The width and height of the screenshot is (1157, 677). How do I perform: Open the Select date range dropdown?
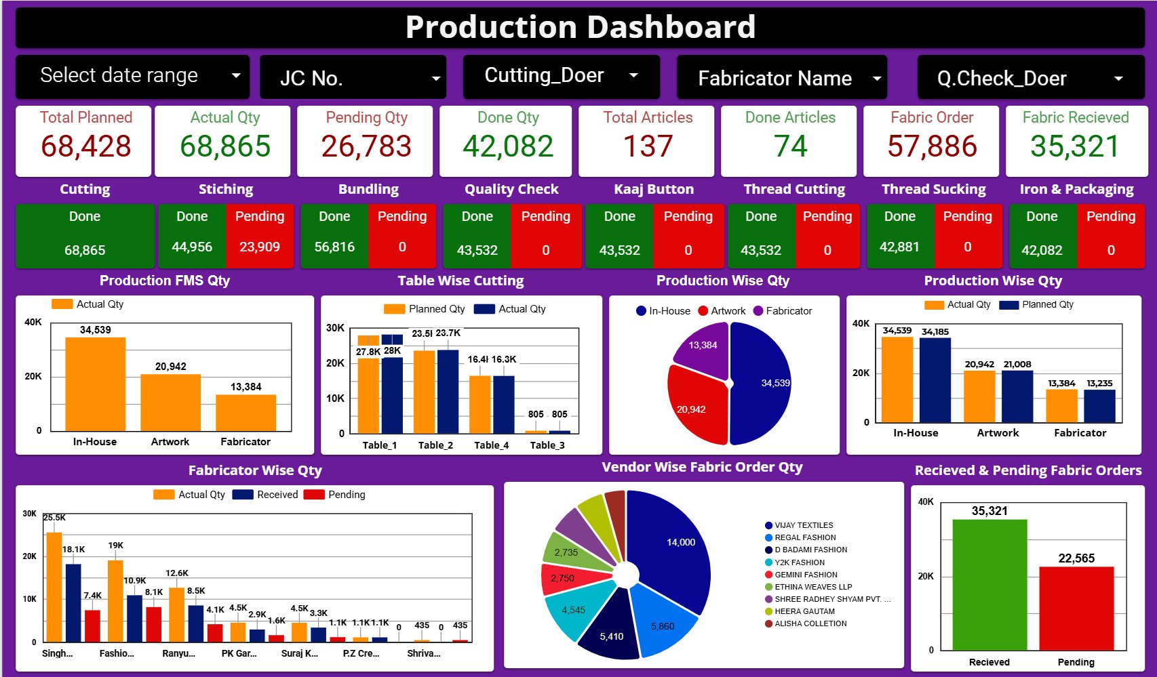[x=132, y=76]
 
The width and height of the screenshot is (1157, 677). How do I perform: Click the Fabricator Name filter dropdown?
[x=781, y=78]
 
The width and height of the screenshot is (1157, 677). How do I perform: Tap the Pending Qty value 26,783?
[x=366, y=146]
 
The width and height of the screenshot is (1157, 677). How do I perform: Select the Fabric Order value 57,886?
[x=932, y=146]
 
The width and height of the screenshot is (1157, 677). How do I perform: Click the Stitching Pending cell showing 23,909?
[x=260, y=247]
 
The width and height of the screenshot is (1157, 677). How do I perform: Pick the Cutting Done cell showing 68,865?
[x=85, y=250]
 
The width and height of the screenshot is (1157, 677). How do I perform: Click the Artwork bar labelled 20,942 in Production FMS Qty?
[x=170, y=403]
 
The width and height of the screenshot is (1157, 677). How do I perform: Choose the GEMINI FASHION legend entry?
[x=806, y=575]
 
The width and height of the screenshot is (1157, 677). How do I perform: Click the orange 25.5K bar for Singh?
[x=54, y=587]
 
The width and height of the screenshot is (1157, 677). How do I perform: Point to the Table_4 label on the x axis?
[x=491, y=445]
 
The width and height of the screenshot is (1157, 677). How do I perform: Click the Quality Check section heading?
[x=511, y=189]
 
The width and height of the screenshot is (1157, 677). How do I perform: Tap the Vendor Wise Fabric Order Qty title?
[x=702, y=467]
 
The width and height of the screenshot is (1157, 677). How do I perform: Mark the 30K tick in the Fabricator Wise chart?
[x=29, y=514]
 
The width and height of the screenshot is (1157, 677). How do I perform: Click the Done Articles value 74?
[x=790, y=146]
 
